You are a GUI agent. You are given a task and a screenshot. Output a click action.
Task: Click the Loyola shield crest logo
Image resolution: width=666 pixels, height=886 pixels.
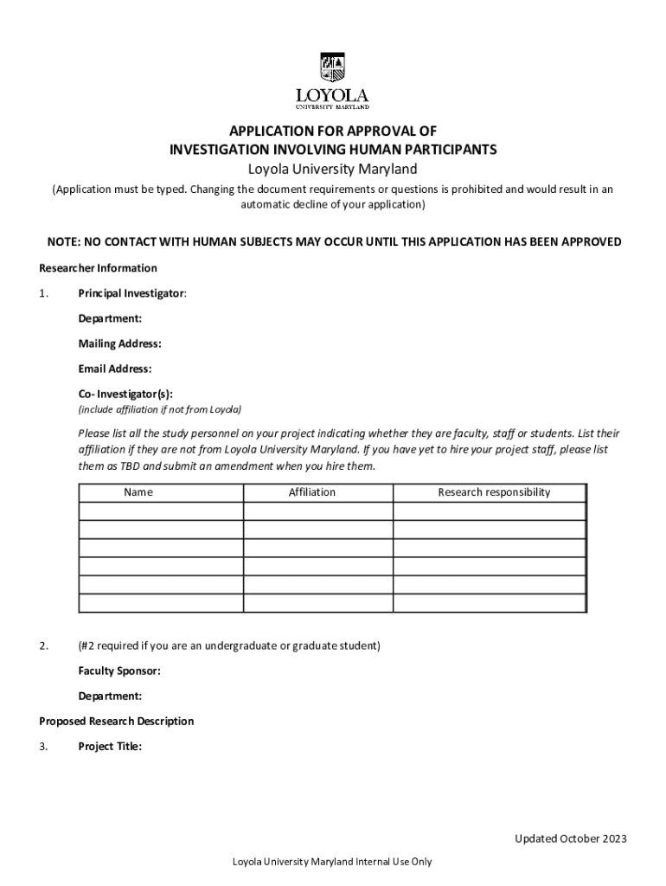(x=332, y=67)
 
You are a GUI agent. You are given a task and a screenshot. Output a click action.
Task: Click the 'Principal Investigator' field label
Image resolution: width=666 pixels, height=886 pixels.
(x=131, y=293)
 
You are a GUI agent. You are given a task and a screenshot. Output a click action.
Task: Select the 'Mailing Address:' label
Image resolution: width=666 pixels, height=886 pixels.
(x=119, y=343)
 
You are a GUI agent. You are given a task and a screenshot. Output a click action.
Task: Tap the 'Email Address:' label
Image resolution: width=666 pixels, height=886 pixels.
(x=115, y=369)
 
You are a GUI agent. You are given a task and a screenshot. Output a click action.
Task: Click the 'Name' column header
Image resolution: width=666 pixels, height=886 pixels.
(x=138, y=492)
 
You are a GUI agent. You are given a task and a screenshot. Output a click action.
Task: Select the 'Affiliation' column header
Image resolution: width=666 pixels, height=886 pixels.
(x=312, y=492)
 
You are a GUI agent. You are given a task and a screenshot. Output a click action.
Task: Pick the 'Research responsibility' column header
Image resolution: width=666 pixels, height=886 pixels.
(x=494, y=492)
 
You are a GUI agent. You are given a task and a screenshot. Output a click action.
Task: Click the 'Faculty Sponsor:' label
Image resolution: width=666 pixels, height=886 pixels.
(x=119, y=671)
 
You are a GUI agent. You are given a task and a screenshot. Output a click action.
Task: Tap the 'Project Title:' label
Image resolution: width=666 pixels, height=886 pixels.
(x=110, y=746)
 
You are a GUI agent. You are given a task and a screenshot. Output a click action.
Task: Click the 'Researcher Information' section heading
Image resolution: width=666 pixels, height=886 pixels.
(x=99, y=268)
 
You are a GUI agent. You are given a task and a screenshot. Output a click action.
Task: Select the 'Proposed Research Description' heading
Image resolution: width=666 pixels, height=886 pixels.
(x=117, y=721)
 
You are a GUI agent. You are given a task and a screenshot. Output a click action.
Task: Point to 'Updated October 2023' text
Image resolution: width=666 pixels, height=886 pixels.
(x=571, y=838)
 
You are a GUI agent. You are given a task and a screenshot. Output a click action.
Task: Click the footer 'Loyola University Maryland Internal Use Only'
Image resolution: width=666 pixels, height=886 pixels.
(x=332, y=861)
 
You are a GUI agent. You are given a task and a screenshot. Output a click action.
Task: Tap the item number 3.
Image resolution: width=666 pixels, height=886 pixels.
(x=42, y=746)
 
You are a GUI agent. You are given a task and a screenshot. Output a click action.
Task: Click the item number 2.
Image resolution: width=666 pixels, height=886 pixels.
(x=42, y=645)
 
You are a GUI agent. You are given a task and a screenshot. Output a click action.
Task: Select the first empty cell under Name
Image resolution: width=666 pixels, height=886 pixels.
(x=161, y=510)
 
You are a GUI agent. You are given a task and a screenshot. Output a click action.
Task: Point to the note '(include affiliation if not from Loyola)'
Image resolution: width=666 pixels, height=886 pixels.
(x=160, y=409)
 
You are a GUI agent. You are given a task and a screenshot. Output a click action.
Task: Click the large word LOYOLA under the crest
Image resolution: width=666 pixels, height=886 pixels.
(x=332, y=94)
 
